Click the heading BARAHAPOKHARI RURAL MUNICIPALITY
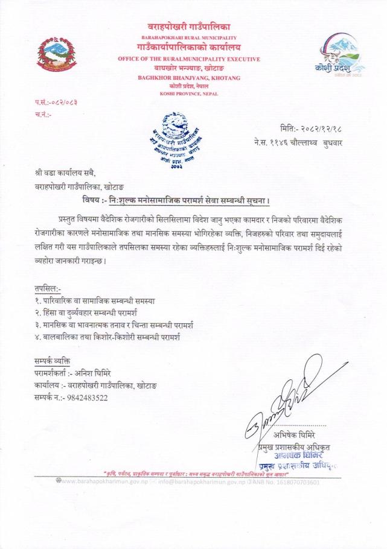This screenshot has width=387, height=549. pos(188,37)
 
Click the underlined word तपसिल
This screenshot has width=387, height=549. pos(47,288)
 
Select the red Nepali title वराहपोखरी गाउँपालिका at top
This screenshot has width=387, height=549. pos(189,25)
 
